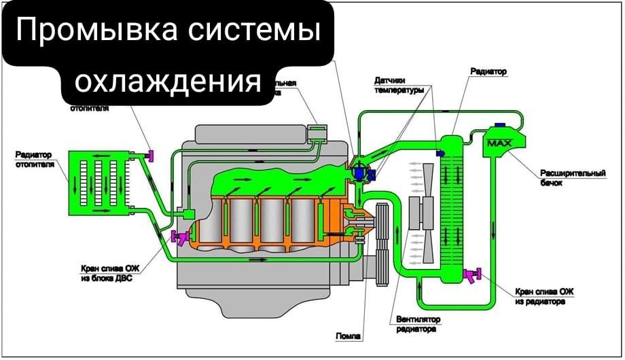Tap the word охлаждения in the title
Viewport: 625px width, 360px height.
tap(168, 81)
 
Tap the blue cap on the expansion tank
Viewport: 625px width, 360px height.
tap(499, 125)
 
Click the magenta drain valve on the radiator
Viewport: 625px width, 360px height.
tap(471, 274)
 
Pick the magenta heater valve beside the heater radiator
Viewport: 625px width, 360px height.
tap(151, 156)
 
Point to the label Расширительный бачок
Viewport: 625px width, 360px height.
tap(572, 178)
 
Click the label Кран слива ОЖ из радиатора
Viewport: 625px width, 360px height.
tap(544, 296)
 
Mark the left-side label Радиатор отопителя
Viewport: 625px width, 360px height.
tap(35, 160)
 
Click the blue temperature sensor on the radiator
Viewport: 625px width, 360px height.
tap(440, 154)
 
